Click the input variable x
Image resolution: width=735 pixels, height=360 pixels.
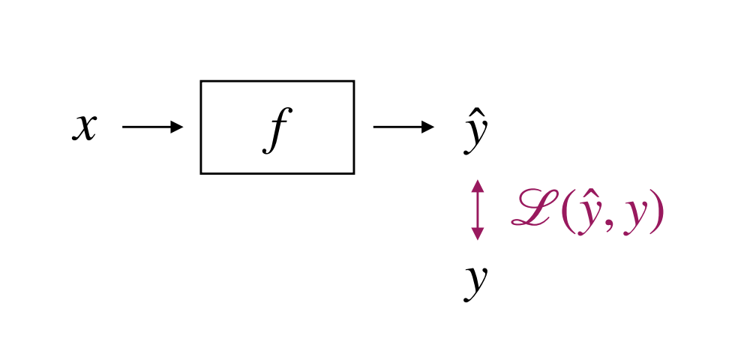click(85, 127)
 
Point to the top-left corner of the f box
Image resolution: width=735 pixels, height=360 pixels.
click(201, 81)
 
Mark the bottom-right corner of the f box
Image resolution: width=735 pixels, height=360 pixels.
click(353, 172)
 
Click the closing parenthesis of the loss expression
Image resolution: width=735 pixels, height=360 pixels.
click(657, 214)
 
